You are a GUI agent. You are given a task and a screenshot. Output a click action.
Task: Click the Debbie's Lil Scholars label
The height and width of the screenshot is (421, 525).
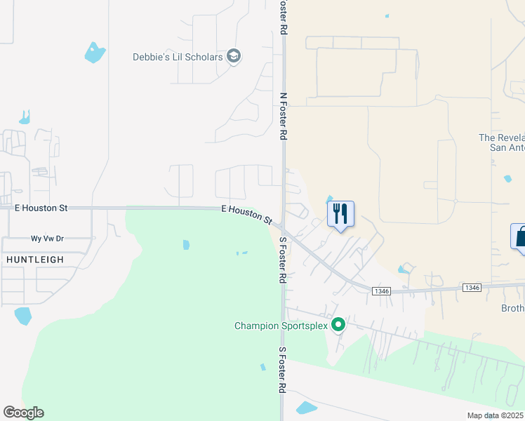pyautogui.click(x=178, y=57)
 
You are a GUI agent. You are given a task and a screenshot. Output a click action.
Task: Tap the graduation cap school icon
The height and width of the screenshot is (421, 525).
pyautogui.click(x=234, y=57)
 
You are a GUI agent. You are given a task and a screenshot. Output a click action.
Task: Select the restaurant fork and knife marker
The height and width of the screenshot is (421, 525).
pyautogui.click(x=340, y=213)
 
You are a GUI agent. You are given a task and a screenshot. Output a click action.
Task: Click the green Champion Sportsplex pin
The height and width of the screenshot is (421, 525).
pyautogui.click(x=338, y=325)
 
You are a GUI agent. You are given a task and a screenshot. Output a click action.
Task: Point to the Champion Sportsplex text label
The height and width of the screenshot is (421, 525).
pyautogui.click(x=281, y=326)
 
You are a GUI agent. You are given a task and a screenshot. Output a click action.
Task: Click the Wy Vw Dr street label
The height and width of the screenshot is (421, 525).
pyautogui.click(x=47, y=239)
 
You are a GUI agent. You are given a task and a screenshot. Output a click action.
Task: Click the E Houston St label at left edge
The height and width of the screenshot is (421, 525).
pyautogui.click(x=41, y=208)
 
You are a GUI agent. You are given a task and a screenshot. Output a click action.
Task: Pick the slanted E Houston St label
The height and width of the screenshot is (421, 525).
pyautogui.click(x=246, y=214)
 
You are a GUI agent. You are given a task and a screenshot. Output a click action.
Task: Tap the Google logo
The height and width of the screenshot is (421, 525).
pyautogui.click(x=23, y=413)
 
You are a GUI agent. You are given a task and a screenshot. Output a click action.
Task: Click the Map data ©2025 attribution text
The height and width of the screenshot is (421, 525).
pyautogui.click(x=496, y=415)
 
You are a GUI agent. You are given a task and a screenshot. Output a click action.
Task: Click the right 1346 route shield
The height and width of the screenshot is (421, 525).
pyautogui.click(x=472, y=287)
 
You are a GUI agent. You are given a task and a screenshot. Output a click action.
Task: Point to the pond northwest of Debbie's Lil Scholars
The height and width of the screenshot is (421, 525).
pyautogui.click(x=94, y=53)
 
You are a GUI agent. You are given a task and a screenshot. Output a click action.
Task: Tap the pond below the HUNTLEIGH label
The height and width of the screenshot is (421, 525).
pyautogui.click(x=22, y=316)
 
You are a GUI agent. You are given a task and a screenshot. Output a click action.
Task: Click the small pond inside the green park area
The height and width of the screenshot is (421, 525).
pyautogui.click(x=186, y=245)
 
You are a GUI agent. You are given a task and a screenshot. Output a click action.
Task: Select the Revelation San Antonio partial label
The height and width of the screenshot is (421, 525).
pyautogui.click(x=501, y=142)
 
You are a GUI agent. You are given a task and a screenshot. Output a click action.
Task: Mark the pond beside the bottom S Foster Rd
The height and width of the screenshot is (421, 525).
pyautogui.click(x=307, y=408)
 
